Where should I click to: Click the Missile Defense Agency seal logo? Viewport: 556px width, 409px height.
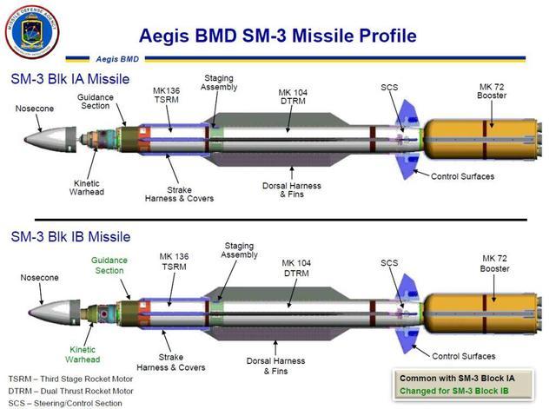tap(32, 31)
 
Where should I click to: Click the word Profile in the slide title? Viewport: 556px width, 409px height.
tap(387, 36)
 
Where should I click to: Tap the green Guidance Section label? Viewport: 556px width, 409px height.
tap(109, 265)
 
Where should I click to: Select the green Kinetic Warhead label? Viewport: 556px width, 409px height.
tap(83, 354)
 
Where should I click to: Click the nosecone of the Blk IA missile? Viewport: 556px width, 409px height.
tap(50, 140)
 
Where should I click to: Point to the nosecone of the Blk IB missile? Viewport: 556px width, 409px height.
tap(54, 313)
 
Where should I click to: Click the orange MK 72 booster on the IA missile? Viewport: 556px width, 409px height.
tap(483, 139)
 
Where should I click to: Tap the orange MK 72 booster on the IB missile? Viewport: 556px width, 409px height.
tap(483, 313)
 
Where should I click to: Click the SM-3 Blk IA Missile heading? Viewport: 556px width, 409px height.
tap(70, 79)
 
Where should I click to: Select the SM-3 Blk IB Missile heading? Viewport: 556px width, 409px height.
tap(70, 236)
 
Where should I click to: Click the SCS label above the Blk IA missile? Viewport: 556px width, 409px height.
tap(389, 87)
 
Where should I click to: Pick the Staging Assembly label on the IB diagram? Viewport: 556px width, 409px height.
tap(240, 250)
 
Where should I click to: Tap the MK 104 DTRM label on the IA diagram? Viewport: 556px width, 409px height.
tap(293, 96)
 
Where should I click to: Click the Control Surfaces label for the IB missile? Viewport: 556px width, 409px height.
tap(463, 356)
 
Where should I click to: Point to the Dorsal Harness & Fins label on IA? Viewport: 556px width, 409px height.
tap(292, 190)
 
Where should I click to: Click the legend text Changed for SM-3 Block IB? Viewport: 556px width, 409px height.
tap(454, 391)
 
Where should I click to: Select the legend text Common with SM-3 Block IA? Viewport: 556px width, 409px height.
tap(457, 378)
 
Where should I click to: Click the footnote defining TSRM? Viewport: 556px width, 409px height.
tap(70, 379)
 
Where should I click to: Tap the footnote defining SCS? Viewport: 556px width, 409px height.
tap(65, 403)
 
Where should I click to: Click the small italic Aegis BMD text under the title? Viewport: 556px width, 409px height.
tap(117, 59)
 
